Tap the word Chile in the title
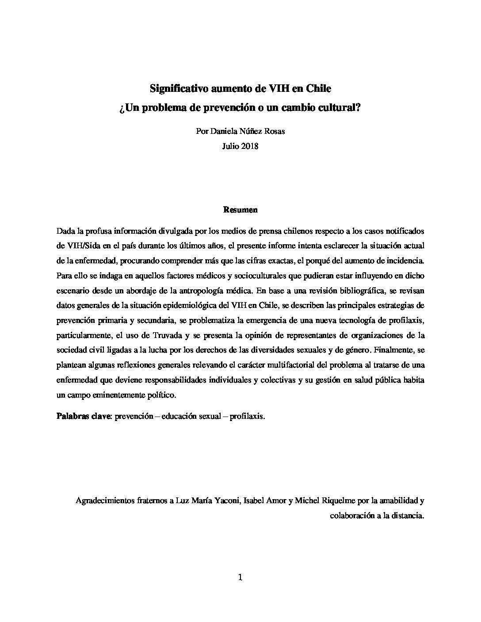pyautogui.click(x=318, y=88)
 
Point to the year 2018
pyautogui.click(x=250, y=146)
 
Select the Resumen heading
pyautogui.click(x=240, y=210)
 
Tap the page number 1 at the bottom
pyautogui.click(x=240, y=577)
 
